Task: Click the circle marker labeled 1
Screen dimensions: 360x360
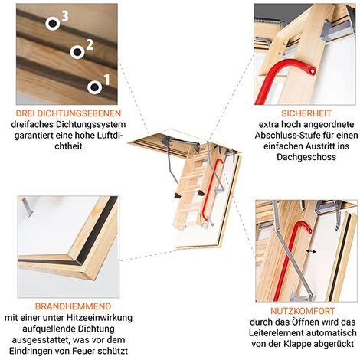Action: pos(96,87)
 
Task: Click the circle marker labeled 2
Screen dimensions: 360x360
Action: pos(77,51)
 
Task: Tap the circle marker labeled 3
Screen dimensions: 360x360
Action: pos(53,23)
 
